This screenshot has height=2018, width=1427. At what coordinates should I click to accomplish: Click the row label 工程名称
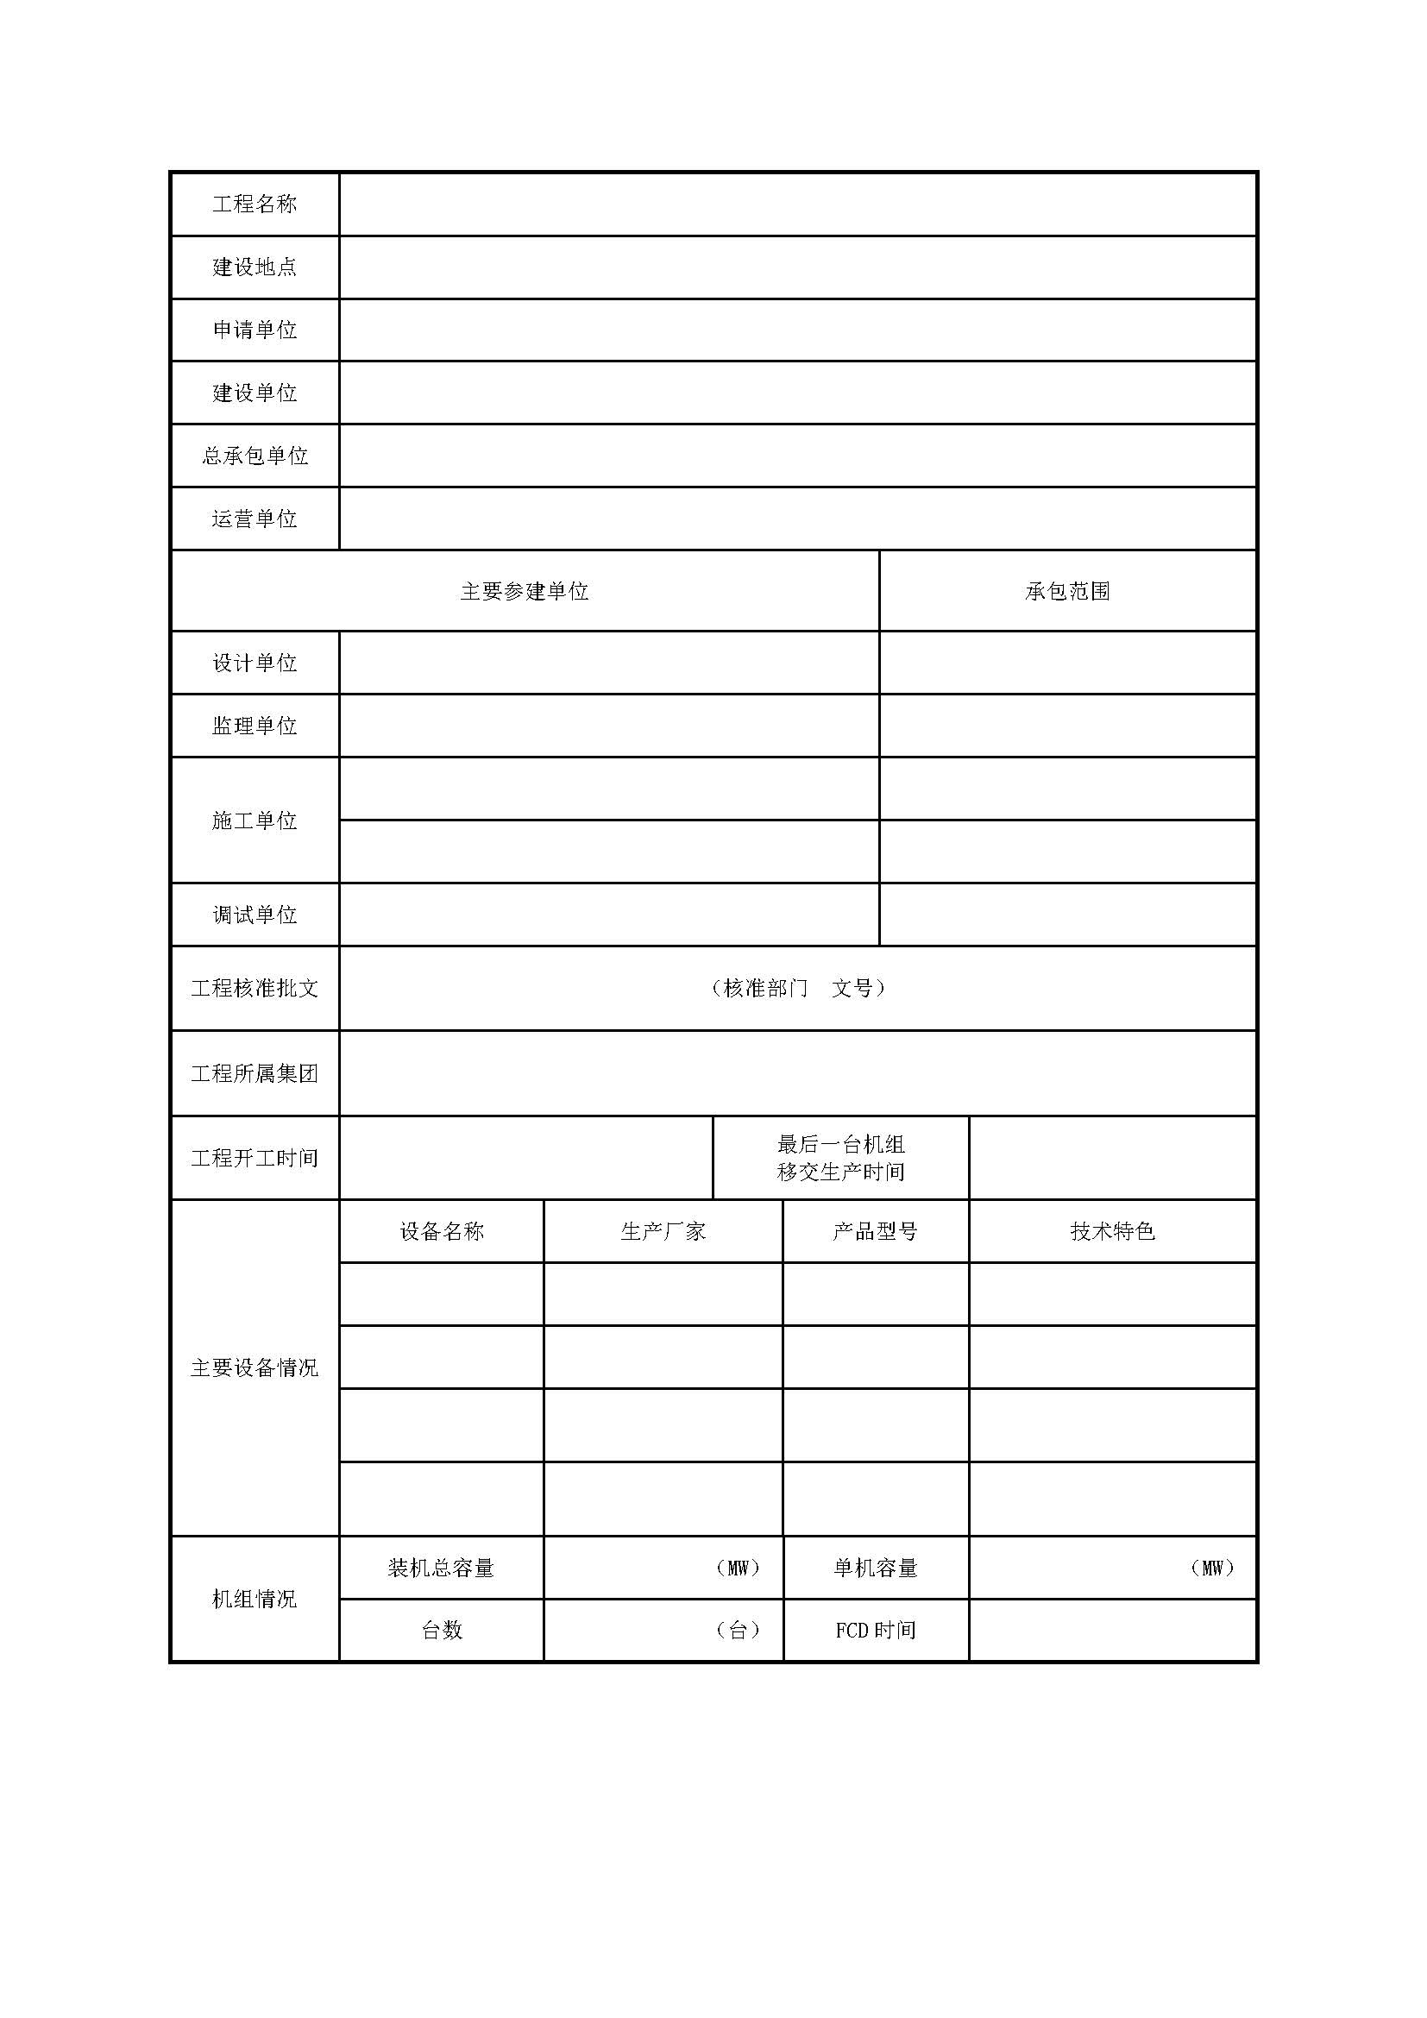coord(255,204)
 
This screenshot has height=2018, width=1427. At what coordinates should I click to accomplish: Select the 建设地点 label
coord(255,267)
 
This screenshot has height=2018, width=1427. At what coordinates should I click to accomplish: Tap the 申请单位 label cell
coord(255,330)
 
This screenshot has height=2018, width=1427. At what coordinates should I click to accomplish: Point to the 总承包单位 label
coord(255,456)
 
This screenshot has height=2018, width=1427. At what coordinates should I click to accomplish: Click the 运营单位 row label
coord(255,519)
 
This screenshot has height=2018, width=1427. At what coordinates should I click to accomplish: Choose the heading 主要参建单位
coord(525,592)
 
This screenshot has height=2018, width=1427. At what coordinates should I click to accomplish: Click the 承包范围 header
coord(1067,592)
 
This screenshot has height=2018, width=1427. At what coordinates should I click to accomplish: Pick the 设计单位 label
coord(255,663)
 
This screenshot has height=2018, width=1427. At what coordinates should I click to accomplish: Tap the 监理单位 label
coord(255,725)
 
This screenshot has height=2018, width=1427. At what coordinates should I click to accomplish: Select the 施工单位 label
coord(255,820)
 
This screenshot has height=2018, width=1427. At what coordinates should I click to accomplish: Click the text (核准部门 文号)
coord(798,988)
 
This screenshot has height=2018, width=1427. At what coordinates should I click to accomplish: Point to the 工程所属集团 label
coord(255,1073)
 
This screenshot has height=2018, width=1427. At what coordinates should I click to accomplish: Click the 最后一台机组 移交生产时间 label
coord(841,1158)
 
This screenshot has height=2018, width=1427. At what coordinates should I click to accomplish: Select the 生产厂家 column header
coord(663,1231)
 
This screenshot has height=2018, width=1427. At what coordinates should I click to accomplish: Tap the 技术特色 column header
coord(1112,1231)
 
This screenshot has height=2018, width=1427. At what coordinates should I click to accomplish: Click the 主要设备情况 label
coord(255,1367)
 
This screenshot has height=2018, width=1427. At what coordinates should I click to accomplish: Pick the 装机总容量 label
coord(441,1568)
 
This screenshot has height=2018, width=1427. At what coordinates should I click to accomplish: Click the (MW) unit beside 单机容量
coord(1212,1568)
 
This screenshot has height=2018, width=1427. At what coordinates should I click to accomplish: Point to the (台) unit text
coord(739,1631)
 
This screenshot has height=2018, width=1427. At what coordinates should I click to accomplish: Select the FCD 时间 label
coord(875,1631)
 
